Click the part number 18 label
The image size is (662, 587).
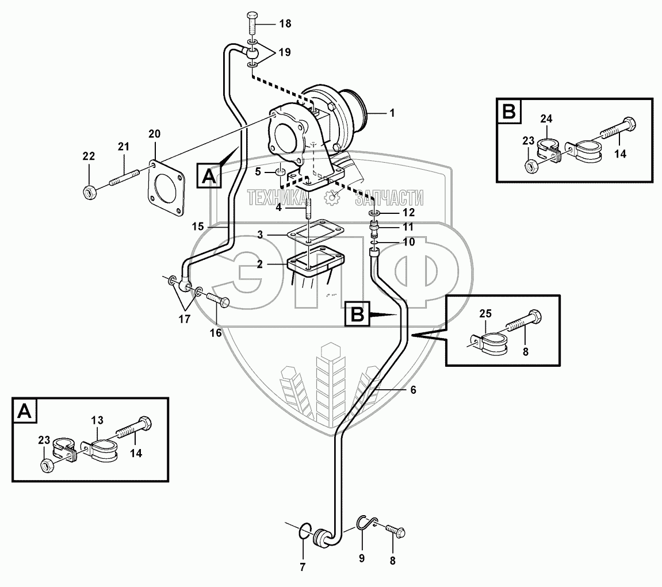pyautogui.click(x=285, y=24)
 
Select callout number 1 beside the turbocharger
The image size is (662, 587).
pyautogui.click(x=392, y=113)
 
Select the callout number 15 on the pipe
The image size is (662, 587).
pyautogui.click(x=197, y=227)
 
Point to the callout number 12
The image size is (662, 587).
pyautogui.click(x=408, y=213)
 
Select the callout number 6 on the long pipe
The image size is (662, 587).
pyautogui.click(x=412, y=389)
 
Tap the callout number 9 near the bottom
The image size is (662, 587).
pyautogui.click(x=362, y=558)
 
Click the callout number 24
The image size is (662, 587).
pyautogui.click(x=546, y=119)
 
